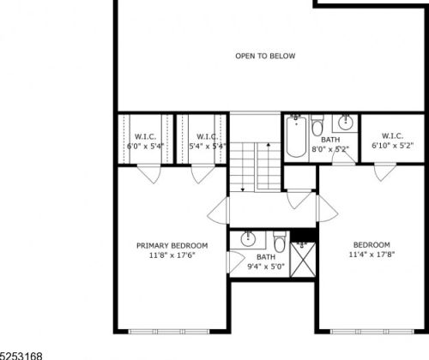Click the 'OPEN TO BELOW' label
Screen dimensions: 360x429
coord(265,57)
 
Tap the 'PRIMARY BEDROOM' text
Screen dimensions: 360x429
coord(172,245)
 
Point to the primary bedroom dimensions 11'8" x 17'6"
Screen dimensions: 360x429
coord(172,255)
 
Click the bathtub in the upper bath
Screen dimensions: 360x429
coord(296,137)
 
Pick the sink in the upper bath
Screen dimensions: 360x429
coord(347,122)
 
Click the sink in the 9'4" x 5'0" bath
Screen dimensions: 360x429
coord(248,238)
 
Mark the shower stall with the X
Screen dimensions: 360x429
coord(301,258)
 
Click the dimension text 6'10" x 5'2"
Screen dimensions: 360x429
coord(387,147)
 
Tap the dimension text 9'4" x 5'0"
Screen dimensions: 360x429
coord(266,267)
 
